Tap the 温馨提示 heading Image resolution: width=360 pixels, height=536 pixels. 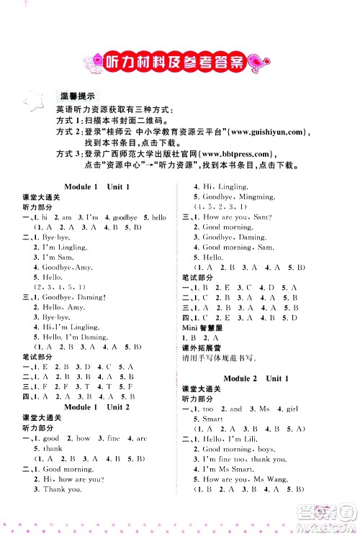point(81,96)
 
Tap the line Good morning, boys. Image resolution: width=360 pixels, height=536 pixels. point(225,448)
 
